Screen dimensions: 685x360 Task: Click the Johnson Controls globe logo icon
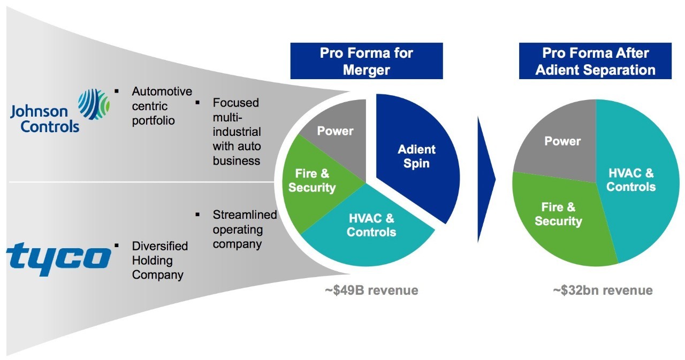click(x=94, y=104)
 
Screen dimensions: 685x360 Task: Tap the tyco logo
click(x=59, y=259)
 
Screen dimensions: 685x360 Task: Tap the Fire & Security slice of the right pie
click(x=560, y=217)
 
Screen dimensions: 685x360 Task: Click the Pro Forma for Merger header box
click(x=367, y=61)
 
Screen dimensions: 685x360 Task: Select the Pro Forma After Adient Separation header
click(x=595, y=61)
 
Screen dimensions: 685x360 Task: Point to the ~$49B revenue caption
click(x=371, y=290)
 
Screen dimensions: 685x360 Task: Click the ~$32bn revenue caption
click(x=603, y=290)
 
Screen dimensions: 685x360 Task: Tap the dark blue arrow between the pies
click(x=486, y=179)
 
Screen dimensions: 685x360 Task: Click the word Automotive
click(x=162, y=91)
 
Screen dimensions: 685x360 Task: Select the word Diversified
click(x=159, y=246)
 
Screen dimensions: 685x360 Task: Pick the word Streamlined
click(x=245, y=215)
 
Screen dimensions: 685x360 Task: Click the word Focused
click(x=235, y=103)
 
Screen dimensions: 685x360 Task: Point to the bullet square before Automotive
click(x=117, y=91)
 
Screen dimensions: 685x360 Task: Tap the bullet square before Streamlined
click(x=197, y=215)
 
